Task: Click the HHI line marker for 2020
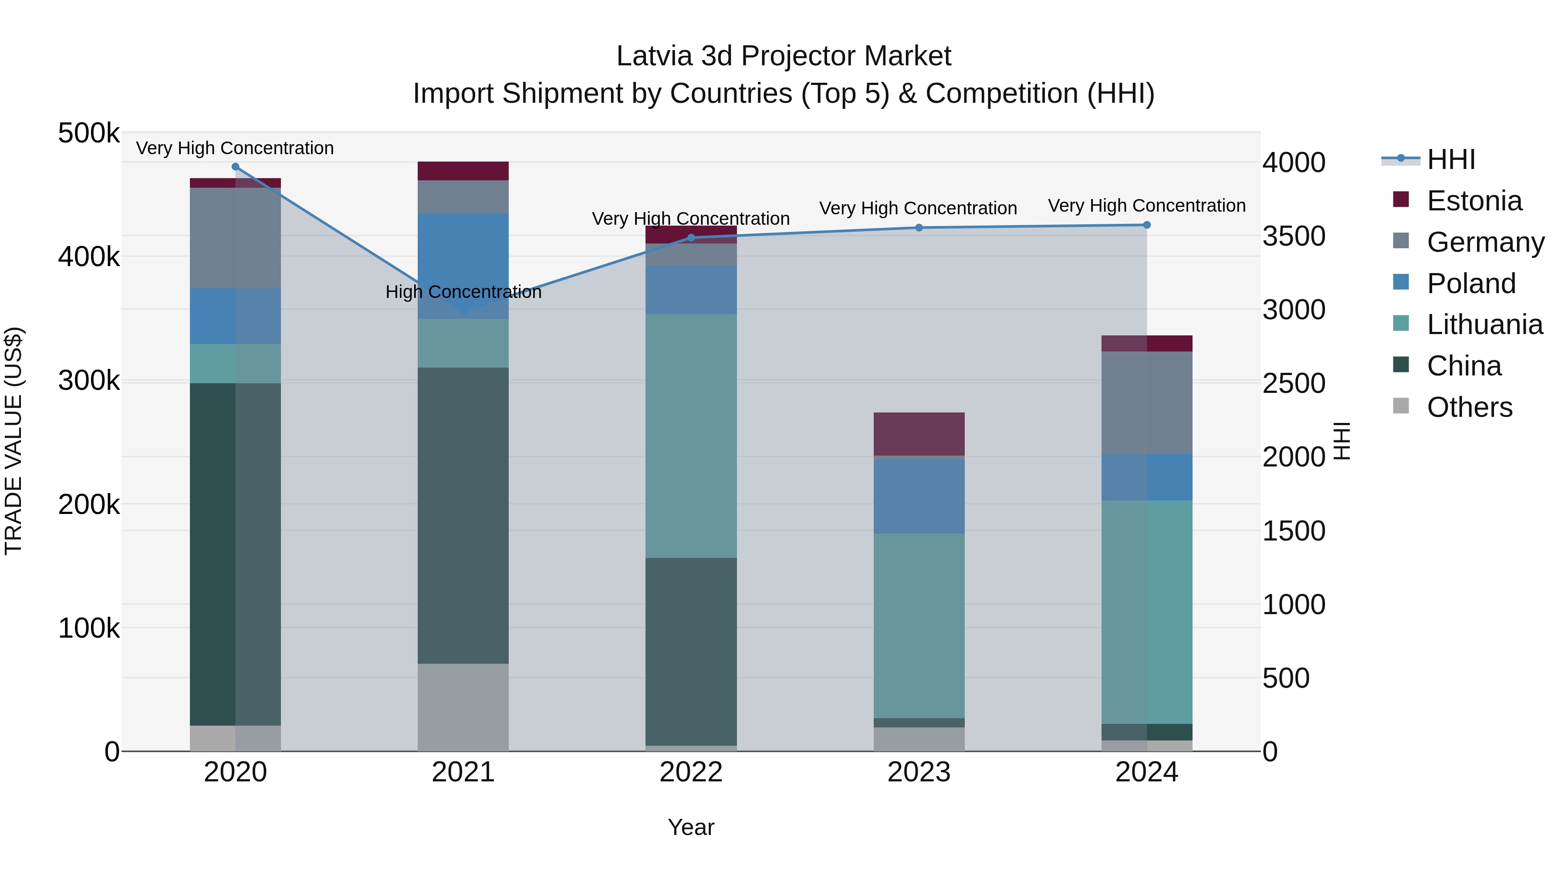tap(236, 167)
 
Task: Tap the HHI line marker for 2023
tap(919, 228)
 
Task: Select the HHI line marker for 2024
tap(1147, 225)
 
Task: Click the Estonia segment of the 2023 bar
tap(919, 434)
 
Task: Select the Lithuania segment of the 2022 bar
tap(691, 436)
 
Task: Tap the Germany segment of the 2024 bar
tap(1147, 402)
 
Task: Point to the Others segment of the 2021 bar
tap(463, 707)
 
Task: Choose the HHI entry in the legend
tap(1450, 159)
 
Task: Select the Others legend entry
tap(1469, 407)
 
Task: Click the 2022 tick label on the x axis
tap(691, 772)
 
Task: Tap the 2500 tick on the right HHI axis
tap(1294, 383)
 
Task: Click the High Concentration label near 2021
tap(463, 292)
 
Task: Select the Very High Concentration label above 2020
tap(235, 149)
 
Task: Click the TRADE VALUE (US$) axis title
tap(14, 441)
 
